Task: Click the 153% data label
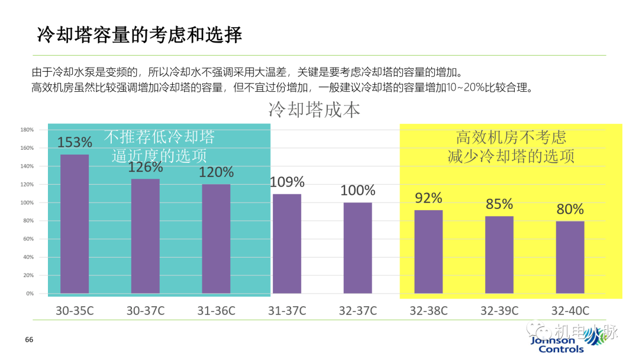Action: pyautogui.click(x=75, y=143)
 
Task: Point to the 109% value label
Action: pyautogui.click(x=287, y=182)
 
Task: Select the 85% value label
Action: pyautogui.click(x=499, y=204)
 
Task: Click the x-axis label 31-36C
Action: pyautogui.click(x=216, y=311)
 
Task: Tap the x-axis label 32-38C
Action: pyautogui.click(x=428, y=311)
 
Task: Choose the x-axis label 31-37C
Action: pyautogui.click(x=287, y=311)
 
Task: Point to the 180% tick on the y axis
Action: pyautogui.click(x=27, y=130)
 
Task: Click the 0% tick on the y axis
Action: pyautogui.click(x=30, y=294)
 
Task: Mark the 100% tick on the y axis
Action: pyautogui.click(x=27, y=202)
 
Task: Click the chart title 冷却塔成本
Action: pyautogui.click(x=314, y=110)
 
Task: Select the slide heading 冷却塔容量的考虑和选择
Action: pyautogui.click(x=140, y=35)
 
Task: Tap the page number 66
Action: pyautogui.click(x=29, y=340)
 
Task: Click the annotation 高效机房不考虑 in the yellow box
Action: pyautogui.click(x=511, y=137)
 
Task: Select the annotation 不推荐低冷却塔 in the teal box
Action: pyautogui.click(x=159, y=137)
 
